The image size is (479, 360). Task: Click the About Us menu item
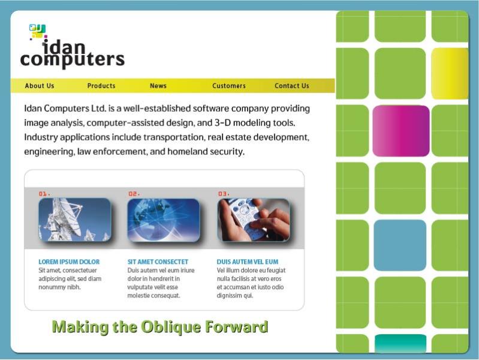coord(40,86)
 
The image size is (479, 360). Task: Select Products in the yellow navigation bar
coord(101,86)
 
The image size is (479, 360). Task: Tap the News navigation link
coord(158,86)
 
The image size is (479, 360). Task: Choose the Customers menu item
coord(229,86)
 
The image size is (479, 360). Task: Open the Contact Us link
coord(292,86)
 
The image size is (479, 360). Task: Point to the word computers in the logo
coord(73,59)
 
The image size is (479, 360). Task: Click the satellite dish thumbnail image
coord(74,220)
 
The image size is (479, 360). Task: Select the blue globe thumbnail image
coord(164,220)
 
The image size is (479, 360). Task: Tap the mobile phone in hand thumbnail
coord(254,220)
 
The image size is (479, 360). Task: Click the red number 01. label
coord(44,194)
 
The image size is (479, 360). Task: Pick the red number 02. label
coord(134,194)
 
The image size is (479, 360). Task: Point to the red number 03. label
coord(224,194)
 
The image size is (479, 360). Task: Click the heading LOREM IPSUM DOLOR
coord(69,262)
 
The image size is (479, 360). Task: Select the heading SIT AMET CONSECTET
coord(158,262)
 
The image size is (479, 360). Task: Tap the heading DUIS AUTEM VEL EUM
coord(248,262)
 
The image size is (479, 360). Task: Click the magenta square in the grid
coord(401,131)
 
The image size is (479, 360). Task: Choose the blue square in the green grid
coord(400,245)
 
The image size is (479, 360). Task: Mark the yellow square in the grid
coord(450,74)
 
